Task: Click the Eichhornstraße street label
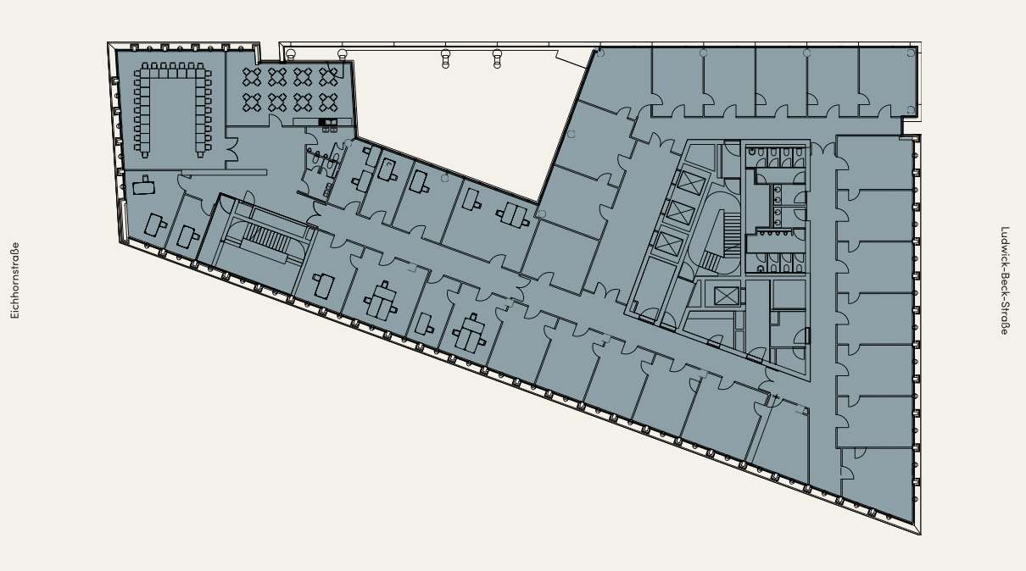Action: (14, 280)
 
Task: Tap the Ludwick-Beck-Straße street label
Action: (1005, 281)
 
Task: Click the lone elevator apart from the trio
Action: (727, 296)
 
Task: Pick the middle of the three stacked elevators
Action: (681, 213)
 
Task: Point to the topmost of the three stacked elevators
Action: (691, 183)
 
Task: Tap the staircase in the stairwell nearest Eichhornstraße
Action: (266, 237)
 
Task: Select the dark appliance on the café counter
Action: (327, 122)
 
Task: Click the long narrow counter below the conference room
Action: (224, 173)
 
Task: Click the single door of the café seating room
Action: (276, 121)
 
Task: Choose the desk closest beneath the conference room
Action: (144, 186)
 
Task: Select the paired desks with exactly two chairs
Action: (513, 214)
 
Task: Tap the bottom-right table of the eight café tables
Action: (328, 103)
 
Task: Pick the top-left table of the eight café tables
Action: (252, 77)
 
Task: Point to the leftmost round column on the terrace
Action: (289, 55)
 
